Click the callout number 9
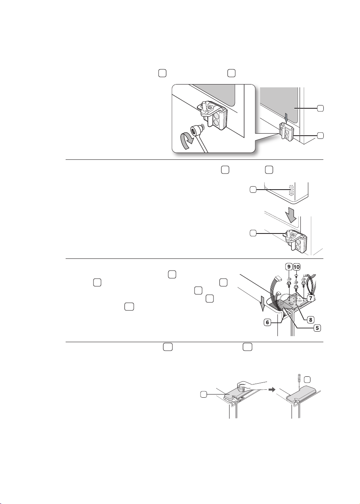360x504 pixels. (289, 267)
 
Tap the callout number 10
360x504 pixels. (297, 267)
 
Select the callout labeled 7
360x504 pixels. (311, 299)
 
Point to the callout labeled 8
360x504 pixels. (310, 319)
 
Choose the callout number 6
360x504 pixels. (267, 322)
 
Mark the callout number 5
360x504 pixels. (317, 328)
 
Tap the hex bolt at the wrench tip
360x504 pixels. (197, 130)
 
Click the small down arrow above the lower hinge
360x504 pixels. (286, 118)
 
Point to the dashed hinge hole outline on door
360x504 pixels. (291, 190)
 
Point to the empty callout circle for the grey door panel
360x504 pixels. (320, 108)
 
